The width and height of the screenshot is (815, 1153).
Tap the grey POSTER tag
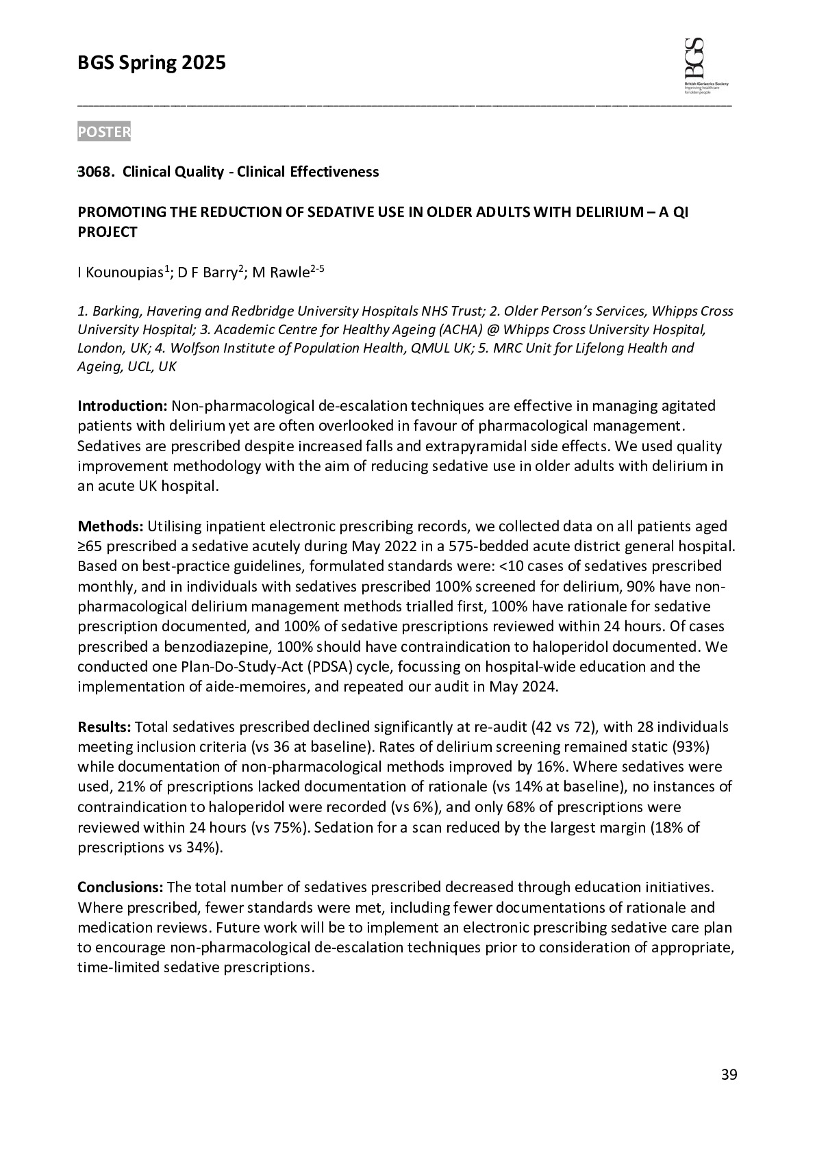(103, 132)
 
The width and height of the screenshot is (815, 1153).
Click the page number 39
(729, 1075)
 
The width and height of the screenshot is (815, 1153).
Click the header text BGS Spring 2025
(151, 64)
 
